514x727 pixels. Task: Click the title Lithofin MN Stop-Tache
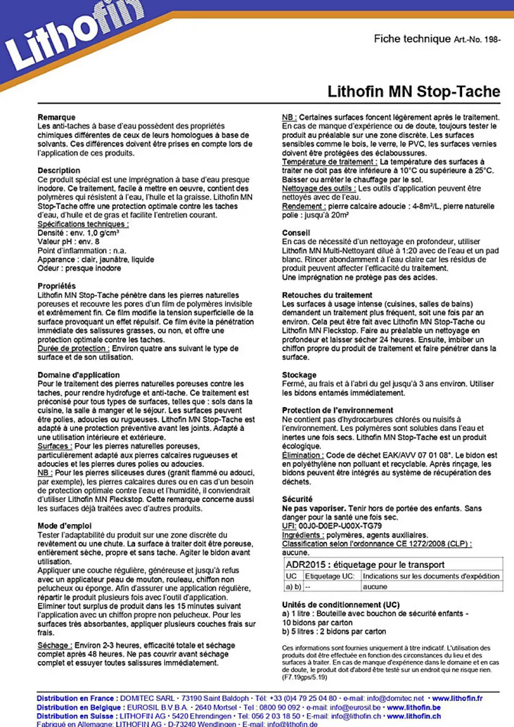(x=413, y=91)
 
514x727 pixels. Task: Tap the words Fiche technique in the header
(x=412, y=39)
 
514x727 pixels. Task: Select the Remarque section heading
(x=56, y=117)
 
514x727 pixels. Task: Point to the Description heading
(x=59, y=170)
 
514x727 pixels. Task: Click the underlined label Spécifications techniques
(x=83, y=224)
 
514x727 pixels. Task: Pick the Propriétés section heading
(x=56, y=286)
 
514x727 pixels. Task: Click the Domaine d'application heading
(x=78, y=375)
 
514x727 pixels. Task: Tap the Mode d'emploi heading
(x=64, y=526)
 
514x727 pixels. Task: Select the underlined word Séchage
(x=55, y=645)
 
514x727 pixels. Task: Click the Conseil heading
(x=296, y=232)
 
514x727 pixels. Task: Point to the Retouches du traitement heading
(x=327, y=295)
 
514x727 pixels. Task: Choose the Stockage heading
(x=299, y=375)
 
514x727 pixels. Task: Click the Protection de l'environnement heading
(x=337, y=410)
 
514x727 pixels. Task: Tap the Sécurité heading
(x=297, y=499)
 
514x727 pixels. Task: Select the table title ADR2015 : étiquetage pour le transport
(x=365, y=565)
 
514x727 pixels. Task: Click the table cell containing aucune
(x=375, y=587)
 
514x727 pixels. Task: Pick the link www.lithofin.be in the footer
(x=413, y=707)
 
